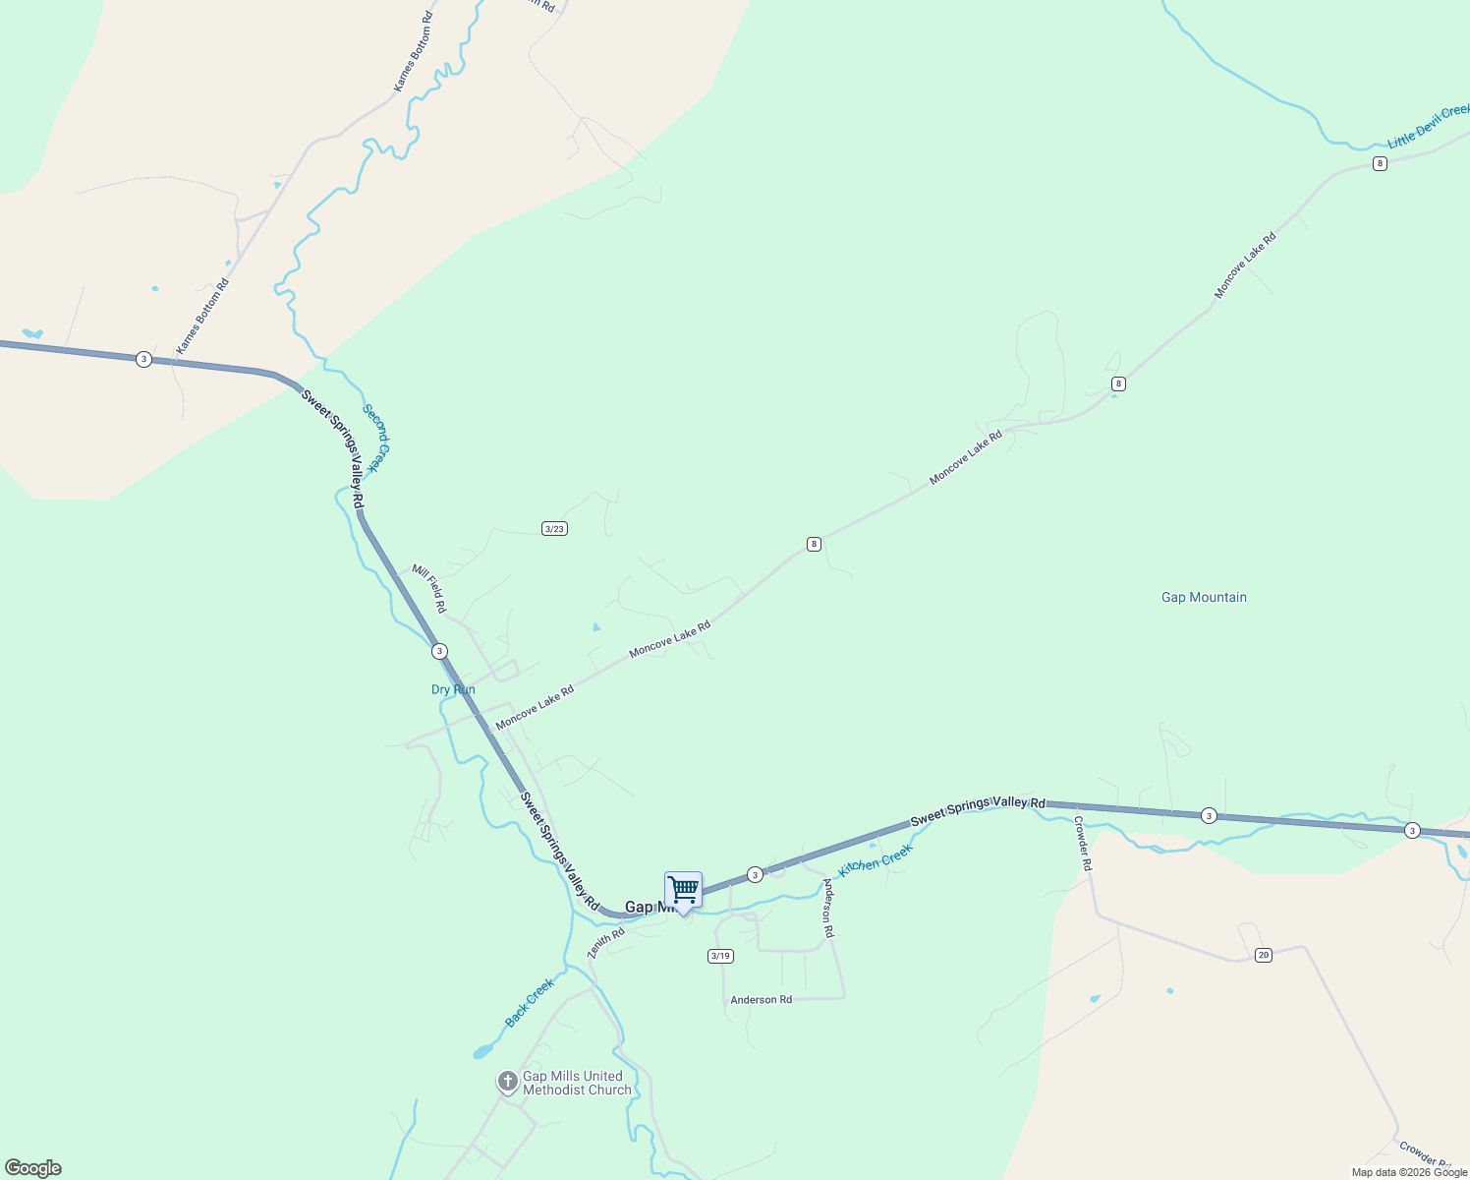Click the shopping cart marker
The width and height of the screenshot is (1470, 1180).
click(x=683, y=891)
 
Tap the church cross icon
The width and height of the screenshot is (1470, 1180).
click(x=507, y=1083)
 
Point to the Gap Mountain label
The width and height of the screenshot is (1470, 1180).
click(x=1204, y=597)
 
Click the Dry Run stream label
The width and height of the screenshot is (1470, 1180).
click(x=453, y=689)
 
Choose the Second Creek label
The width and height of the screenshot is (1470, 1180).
click(x=376, y=438)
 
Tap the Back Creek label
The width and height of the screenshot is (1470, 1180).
click(x=530, y=1002)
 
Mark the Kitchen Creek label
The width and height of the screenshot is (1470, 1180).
click(x=875, y=862)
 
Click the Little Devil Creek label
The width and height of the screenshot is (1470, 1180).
click(x=1430, y=126)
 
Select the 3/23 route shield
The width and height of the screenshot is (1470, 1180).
click(x=554, y=529)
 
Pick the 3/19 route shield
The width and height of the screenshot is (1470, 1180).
click(x=720, y=956)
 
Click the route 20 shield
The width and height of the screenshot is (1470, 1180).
click(x=1264, y=955)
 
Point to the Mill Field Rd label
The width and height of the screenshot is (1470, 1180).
click(x=429, y=588)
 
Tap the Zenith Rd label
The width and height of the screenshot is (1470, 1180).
click(x=605, y=943)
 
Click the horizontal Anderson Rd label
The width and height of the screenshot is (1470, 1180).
click(x=761, y=1000)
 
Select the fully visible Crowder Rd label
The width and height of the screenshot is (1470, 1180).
click(x=1082, y=844)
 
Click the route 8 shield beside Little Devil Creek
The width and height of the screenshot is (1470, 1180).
click(x=1380, y=163)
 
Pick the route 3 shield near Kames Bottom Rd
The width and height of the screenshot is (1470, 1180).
click(x=144, y=359)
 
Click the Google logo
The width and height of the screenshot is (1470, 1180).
click(x=33, y=1168)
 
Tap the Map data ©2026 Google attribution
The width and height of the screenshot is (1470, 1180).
click(x=1409, y=1172)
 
